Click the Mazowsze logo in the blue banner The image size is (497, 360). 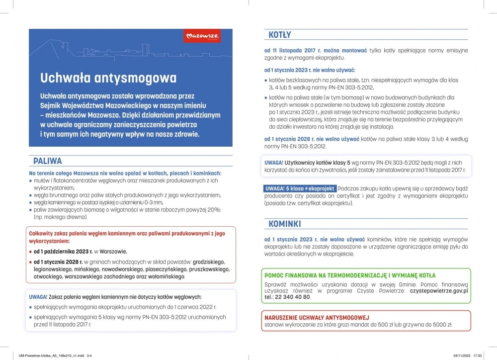pyautogui.click(x=202, y=36)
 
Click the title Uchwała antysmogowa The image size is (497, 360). pyautogui.click(x=108, y=78)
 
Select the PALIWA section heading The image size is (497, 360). pyautogui.click(x=48, y=161)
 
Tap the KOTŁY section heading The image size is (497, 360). pyautogui.click(x=280, y=35)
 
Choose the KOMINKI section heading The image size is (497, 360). pyautogui.click(x=285, y=224)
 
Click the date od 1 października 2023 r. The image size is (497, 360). pyautogui.click(x=64, y=251)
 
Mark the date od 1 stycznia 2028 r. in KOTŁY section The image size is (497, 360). pyautogui.click(x=295, y=139)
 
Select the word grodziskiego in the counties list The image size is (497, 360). pyautogui.click(x=209, y=262)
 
